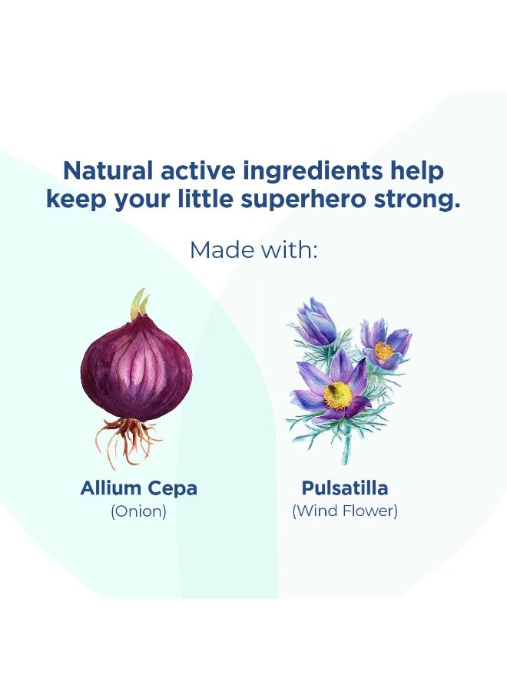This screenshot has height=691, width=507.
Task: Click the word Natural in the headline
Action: click(x=108, y=170)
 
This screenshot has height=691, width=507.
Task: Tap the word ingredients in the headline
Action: click(x=313, y=172)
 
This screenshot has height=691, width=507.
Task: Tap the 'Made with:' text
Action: click(x=253, y=250)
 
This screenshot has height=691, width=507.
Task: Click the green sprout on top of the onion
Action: click(x=141, y=305)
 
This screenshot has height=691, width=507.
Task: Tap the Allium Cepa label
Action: click(x=138, y=489)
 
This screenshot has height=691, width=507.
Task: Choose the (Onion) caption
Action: click(x=138, y=511)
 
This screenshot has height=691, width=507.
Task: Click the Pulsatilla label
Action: click(x=345, y=488)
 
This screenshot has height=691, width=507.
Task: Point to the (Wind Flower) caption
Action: click(x=345, y=511)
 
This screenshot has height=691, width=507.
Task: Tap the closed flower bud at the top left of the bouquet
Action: click(x=314, y=321)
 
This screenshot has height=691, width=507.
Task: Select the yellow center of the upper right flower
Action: click(x=383, y=351)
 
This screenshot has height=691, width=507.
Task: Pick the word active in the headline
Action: click(x=198, y=170)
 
